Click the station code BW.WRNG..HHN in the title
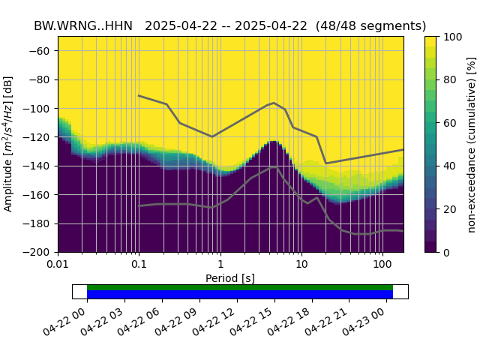pyautogui.click(x=82, y=26)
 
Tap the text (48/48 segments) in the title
pyautogui.click(x=371, y=26)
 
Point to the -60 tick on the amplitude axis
pyautogui.click(x=43, y=51)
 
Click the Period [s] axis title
pyautogui.click(x=230, y=278)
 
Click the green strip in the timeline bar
pyautogui.click(x=240, y=287)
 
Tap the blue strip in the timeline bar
pyautogui.click(x=240, y=295)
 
